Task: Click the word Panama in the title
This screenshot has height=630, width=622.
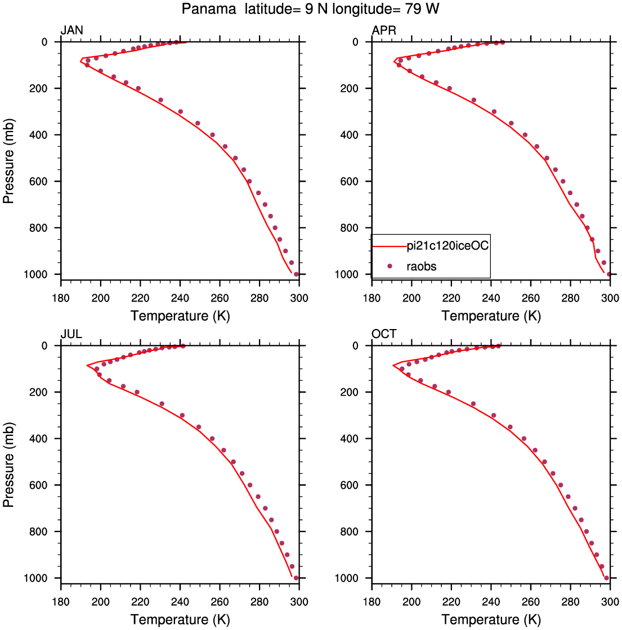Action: [x=209, y=8]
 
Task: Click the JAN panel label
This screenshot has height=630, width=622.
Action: [x=72, y=30]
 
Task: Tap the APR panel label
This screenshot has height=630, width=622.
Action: [x=384, y=30]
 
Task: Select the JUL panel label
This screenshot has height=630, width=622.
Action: [x=71, y=334]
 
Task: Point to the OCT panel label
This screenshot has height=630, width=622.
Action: [x=384, y=334]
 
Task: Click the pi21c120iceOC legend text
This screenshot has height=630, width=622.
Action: [x=448, y=245]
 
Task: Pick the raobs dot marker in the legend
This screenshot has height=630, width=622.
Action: [x=389, y=266]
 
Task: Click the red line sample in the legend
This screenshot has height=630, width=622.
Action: [x=390, y=246]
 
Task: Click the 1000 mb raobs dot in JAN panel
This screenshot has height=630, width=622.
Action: [x=296, y=274]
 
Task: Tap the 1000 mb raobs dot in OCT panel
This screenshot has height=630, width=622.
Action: [x=606, y=578]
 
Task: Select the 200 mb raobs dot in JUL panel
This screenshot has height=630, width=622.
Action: [x=137, y=392]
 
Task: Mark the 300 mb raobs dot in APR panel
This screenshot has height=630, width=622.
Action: [x=494, y=112]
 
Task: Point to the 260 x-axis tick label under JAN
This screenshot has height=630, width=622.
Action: [x=220, y=298]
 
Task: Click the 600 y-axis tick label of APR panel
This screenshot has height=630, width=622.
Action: [x=349, y=182]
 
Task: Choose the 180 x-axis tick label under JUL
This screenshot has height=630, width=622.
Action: [x=61, y=602]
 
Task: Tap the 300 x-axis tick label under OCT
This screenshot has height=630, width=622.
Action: [x=610, y=602]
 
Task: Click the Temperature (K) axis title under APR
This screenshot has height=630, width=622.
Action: [x=491, y=316]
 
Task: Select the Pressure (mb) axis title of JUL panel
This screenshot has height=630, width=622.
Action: [x=8, y=465]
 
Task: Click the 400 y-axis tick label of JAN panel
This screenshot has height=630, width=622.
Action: [x=38, y=135]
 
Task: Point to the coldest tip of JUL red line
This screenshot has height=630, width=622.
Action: [x=87, y=365]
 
